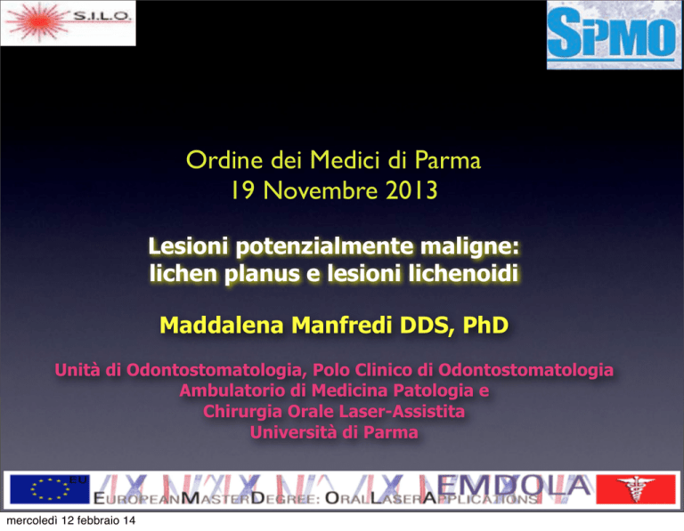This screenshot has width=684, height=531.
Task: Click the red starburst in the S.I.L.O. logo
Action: pos(38,21)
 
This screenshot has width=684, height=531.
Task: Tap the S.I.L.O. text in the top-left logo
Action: pos(102,16)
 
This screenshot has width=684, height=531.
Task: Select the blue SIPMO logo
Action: pos(614,35)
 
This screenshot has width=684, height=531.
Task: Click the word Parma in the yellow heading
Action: pos(448,160)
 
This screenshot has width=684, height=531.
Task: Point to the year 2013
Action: pos(411,190)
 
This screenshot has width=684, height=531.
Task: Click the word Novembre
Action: pos(321,190)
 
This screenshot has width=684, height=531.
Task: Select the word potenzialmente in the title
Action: pos(325,247)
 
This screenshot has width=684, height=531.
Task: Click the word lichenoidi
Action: pos(463,274)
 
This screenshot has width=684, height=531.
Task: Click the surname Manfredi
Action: pos(342,325)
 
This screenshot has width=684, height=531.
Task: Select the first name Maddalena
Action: pos(222,325)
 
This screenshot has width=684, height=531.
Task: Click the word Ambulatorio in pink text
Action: pos(232,390)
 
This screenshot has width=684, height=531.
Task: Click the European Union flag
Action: pos(49,489)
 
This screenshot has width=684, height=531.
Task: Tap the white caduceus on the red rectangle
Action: pos(635,488)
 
